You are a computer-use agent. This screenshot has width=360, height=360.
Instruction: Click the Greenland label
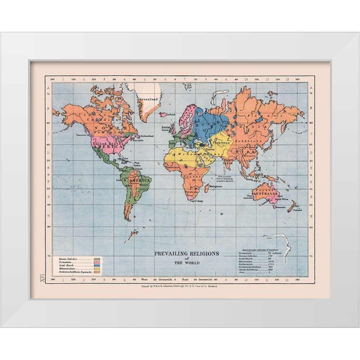pos(150,99)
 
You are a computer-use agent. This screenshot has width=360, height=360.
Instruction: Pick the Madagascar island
pos(207,188)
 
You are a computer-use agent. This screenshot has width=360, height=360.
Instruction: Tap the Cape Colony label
pos(197,201)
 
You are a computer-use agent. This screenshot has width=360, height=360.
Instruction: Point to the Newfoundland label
pos(147,136)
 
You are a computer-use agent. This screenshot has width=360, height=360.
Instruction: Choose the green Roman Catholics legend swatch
pos(97,259)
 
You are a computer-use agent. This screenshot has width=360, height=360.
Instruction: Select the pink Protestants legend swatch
pos(97,263)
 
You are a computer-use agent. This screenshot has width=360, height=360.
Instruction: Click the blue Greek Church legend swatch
pos(97,266)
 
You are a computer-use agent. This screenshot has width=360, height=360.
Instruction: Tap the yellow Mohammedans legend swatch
pos(97,270)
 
